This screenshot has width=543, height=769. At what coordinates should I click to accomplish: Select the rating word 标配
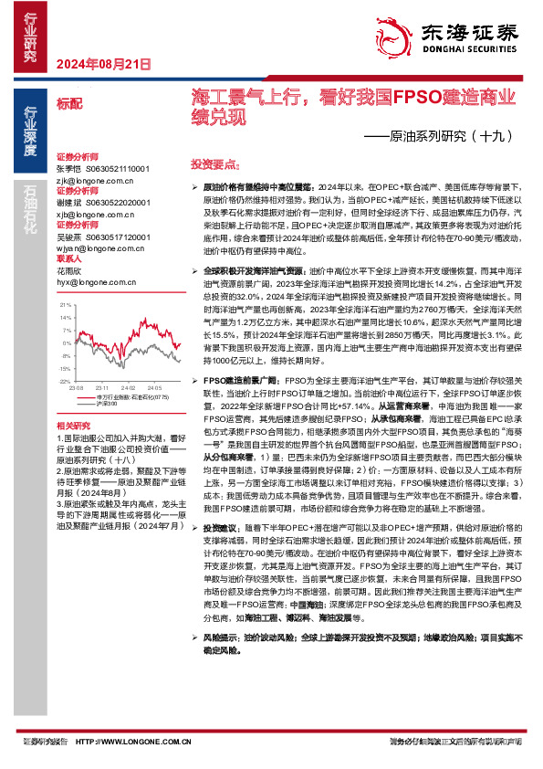(x=68, y=105)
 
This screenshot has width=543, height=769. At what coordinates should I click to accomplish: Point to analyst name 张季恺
(x=68, y=169)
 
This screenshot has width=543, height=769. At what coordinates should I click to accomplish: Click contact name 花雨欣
(x=68, y=270)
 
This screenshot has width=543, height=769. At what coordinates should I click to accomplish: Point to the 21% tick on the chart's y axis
(x=65, y=303)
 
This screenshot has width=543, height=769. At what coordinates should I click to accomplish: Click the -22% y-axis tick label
(x=64, y=381)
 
